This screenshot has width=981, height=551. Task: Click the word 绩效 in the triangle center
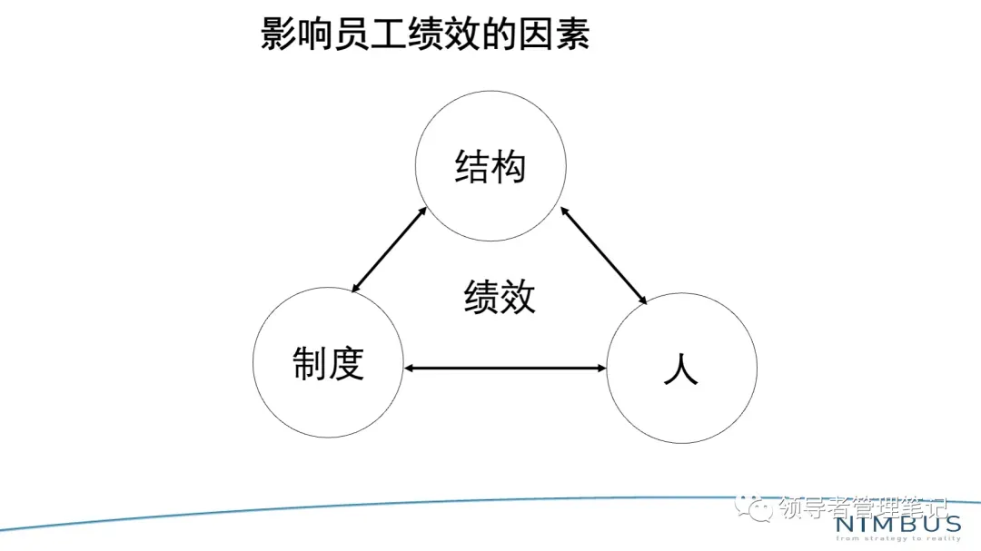(x=500, y=297)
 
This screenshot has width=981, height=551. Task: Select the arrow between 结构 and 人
(x=604, y=255)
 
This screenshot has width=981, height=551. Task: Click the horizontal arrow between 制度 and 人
(x=505, y=368)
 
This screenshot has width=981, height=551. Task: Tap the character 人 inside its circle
(x=681, y=368)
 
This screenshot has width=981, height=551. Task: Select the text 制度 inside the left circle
(x=328, y=363)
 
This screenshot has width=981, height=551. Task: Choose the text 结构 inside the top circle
(x=490, y=167)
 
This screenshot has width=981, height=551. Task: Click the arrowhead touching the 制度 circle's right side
(x=410, y=368)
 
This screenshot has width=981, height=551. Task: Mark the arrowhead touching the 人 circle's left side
(x=600, y=368)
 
